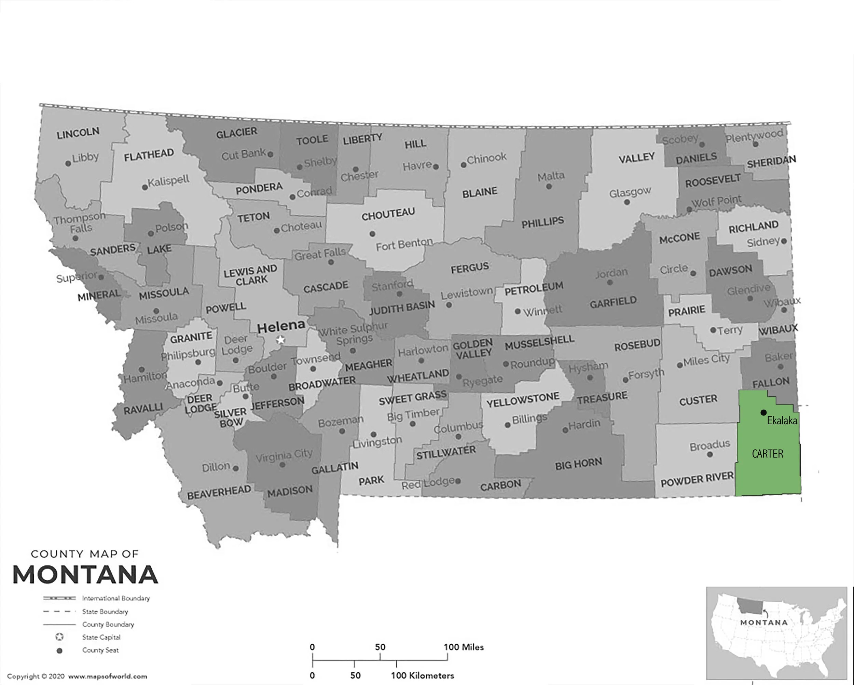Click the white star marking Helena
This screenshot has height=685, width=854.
pos(280,340)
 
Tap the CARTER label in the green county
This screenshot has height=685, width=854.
pos(767,454)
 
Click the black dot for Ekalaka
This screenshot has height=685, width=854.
pos(763,412)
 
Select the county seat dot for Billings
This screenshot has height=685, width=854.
pos(507,425)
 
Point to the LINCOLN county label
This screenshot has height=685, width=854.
pos(78,133)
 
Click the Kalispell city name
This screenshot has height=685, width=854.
pos(168,181)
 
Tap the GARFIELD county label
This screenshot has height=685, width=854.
pos(613,303)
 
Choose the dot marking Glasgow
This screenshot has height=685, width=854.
pos(626,202)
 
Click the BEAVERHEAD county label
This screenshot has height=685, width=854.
pos(219,492)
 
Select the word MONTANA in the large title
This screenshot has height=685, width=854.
pos(85,575)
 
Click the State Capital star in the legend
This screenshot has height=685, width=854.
pos(59,637)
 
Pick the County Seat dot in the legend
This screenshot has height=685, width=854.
pos(59,650)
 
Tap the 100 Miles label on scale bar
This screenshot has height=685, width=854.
pos(464,647)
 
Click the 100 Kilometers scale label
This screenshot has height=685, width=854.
pos(422,675)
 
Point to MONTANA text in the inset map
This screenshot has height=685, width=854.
pos(764,622)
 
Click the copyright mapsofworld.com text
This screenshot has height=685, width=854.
pos(77,676)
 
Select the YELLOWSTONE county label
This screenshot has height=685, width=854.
pos(523,400)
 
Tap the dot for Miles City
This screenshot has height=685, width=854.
pos(680,365)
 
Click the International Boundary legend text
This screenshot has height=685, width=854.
pos(116,598)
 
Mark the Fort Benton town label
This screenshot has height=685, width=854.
pos(404,244)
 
